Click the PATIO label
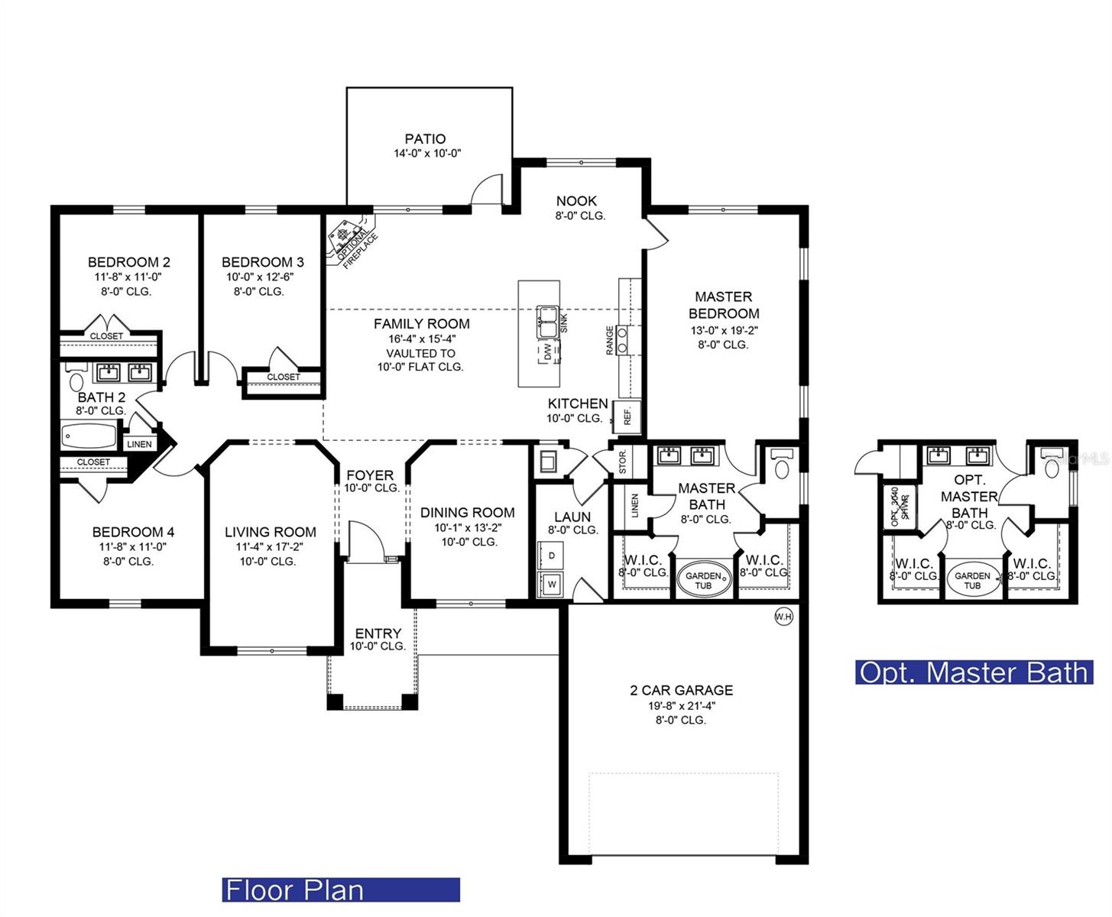pos(425,139)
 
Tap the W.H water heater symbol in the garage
pos(783,617)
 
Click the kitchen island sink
pos(547,320)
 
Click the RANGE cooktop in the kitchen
pos(623,339)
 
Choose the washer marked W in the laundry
pos(551,585)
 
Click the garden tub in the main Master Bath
pos(703,580)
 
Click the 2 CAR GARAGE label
pos(681,690)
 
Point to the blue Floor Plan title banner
pos(341,889)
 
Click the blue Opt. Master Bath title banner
pos(974,672)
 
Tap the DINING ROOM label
pos(467,513)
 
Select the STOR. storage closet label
pos(622,462)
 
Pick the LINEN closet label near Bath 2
pos(139,444)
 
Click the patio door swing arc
pos(486,190)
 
